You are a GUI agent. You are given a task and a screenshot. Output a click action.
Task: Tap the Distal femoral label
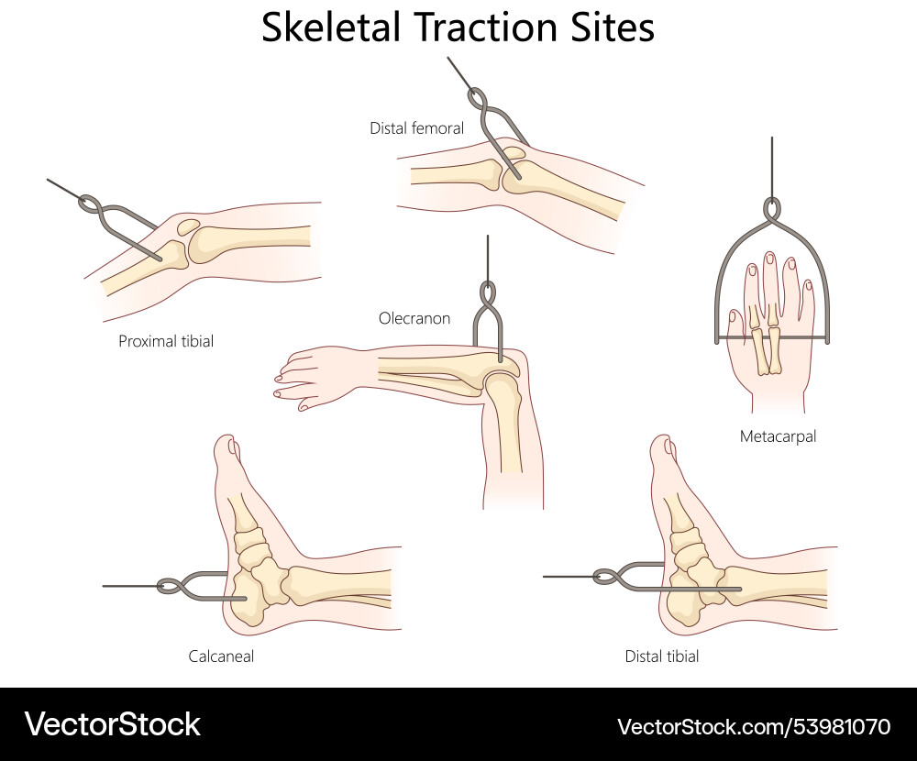click(416, 128)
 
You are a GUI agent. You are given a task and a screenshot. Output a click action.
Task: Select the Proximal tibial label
click(166, 341)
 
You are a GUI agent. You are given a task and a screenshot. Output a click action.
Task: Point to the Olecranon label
click(414, 318)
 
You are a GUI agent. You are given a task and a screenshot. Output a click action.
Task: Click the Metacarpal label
click(778, 436)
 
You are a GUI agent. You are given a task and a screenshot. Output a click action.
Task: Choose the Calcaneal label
click(221, 656)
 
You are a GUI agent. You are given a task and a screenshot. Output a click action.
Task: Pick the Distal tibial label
click(661, 656)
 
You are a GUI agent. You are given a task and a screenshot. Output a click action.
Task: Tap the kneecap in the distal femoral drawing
click(514, 152)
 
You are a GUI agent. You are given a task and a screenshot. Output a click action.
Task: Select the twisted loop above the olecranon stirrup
click(487, 295)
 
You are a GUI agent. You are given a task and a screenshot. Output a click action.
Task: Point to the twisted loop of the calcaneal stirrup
click(169, 586)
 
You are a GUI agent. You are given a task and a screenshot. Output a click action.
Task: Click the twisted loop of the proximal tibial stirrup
click(91, 203)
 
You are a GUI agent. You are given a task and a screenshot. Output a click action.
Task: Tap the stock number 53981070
click(834, 727)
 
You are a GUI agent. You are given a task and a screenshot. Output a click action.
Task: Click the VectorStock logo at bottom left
click(112, 724)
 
